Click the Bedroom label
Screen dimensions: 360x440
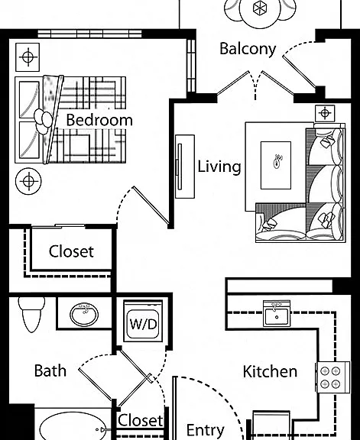point(99,120)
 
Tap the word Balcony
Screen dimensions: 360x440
point(248,49)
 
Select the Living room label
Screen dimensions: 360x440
point(219,167)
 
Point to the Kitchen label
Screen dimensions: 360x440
point(270,371)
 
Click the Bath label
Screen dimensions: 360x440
point(50,370)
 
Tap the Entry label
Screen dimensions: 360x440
point(206,430)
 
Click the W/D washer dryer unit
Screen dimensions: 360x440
point(143,322)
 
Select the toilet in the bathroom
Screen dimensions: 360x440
point(31,314)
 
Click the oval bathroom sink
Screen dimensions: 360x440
point(84,314)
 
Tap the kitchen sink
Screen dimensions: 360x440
point(277,314)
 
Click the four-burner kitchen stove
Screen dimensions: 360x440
point(332,377)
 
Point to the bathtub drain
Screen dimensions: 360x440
point(97,429)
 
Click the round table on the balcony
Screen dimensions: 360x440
point(260,11)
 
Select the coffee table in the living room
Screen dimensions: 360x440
point(276,165)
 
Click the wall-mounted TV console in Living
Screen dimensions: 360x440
point(185,167)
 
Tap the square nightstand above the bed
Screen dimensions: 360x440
point(28,57)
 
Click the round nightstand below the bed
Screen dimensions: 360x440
point(28,181)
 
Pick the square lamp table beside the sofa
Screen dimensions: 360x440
point(325,113)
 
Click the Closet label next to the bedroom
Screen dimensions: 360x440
point(71,251)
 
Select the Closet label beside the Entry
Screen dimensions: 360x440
point(140,420)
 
